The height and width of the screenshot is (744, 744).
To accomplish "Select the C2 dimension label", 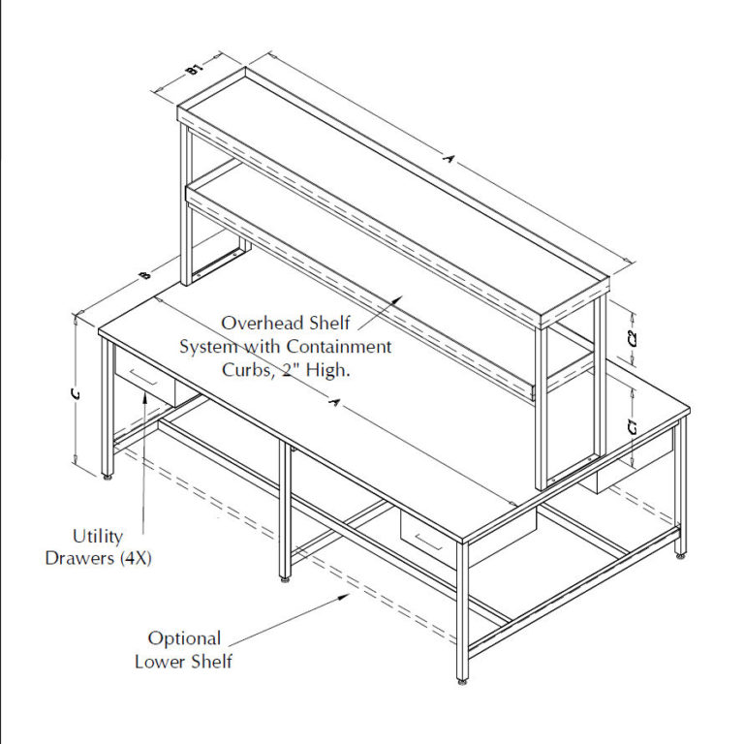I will (x=633, y=339).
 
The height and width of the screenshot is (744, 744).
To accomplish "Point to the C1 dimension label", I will (x=632, y=426).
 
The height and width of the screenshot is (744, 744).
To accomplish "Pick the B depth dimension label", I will (x=144, y=277).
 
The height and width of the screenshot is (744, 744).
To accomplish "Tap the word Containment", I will (x=344, y=346).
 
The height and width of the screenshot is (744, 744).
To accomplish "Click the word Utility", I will (x=98, y=535).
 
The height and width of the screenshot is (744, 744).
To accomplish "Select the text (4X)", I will (x=136, y=559).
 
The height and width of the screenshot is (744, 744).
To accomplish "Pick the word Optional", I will (x=184, y=638).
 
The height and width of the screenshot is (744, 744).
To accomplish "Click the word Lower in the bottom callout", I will (x=160, y=663).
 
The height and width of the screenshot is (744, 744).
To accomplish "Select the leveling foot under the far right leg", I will (x=681, y=554).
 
